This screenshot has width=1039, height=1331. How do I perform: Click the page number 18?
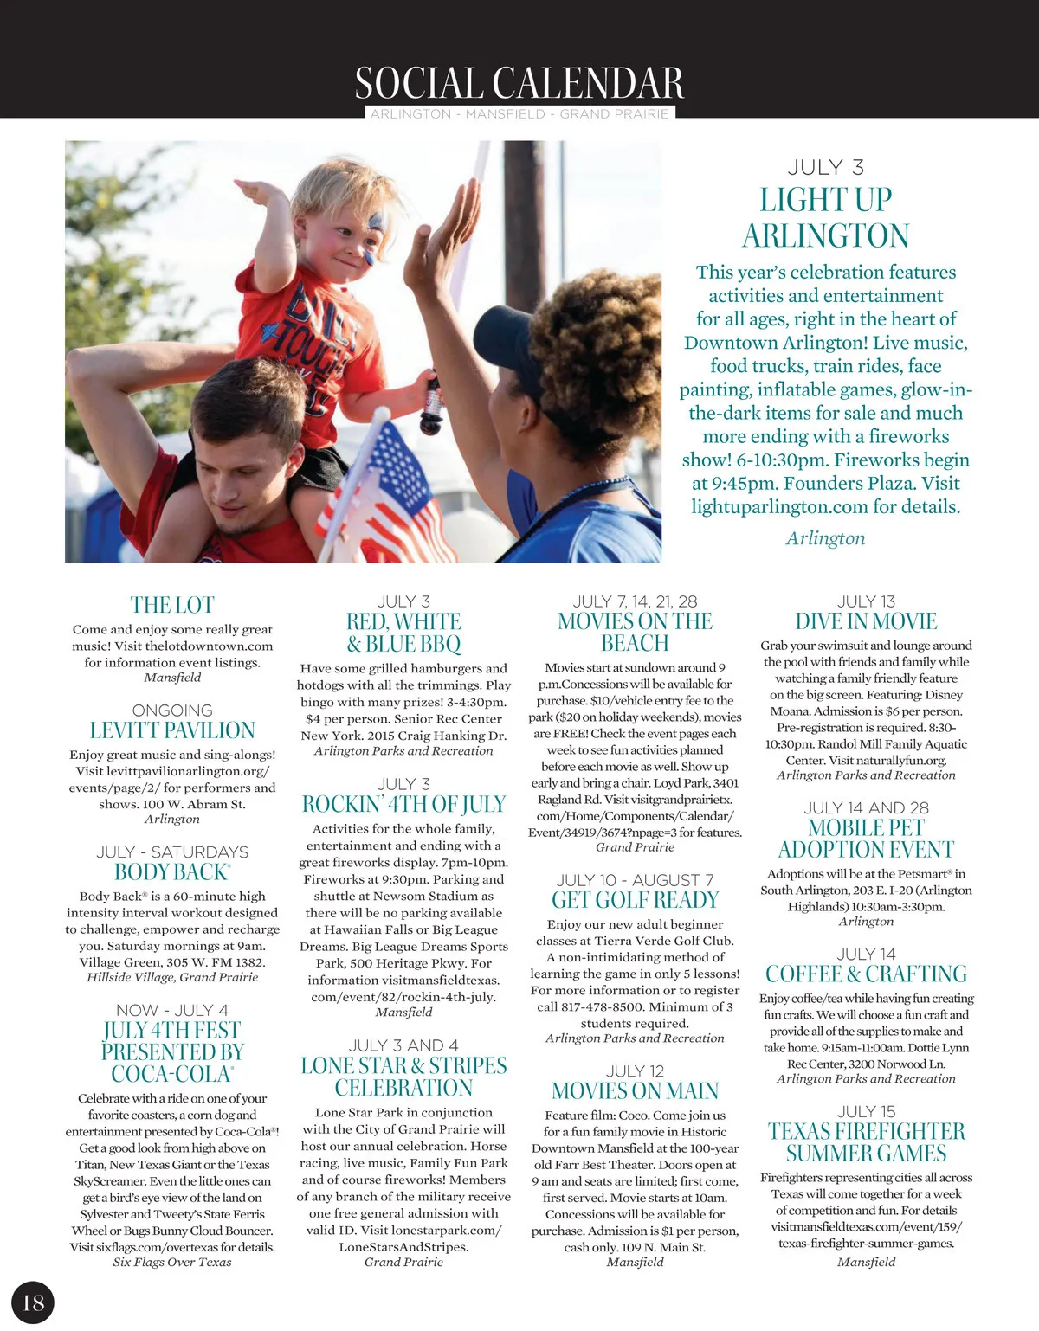33,1302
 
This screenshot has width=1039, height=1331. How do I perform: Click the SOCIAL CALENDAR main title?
519,84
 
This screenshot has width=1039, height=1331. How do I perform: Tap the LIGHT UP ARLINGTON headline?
825,217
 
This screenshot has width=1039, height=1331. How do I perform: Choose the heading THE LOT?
172,605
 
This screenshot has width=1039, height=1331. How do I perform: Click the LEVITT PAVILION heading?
172,730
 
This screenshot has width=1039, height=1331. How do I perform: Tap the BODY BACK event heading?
172,872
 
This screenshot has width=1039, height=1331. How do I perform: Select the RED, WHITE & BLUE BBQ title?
403,633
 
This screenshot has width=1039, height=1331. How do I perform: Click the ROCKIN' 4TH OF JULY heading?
403,804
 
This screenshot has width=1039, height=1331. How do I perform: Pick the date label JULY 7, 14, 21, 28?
635,601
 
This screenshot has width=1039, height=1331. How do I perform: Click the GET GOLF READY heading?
635,900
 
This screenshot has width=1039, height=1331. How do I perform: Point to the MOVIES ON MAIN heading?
635,1091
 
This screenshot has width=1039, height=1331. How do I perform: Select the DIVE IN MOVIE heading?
866,621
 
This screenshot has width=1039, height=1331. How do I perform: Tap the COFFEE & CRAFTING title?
866,974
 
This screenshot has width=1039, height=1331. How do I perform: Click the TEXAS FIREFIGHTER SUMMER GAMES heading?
866,1142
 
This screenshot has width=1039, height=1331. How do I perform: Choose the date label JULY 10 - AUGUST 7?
635,880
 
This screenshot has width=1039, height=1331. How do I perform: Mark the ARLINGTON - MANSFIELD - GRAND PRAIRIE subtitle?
519,114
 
